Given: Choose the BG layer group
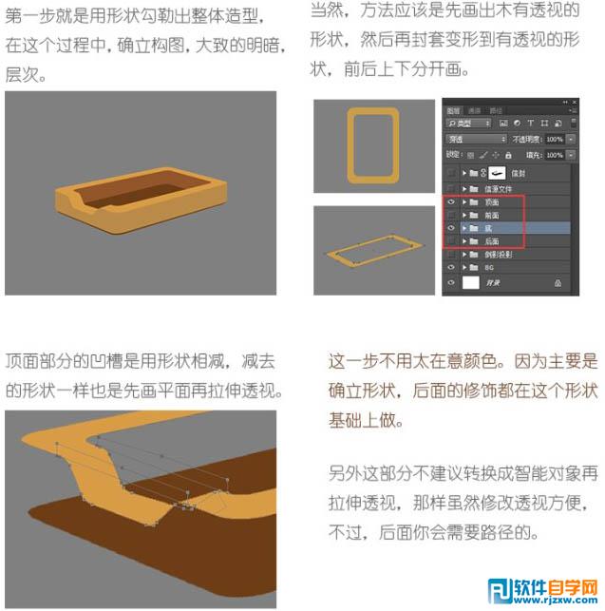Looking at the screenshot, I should point(488,268).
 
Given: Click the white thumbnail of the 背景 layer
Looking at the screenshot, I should point(471,283).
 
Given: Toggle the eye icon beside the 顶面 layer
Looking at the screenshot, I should point(450,202).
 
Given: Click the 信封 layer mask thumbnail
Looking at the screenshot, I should point(496,174).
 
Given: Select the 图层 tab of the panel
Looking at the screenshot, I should point(453,111).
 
